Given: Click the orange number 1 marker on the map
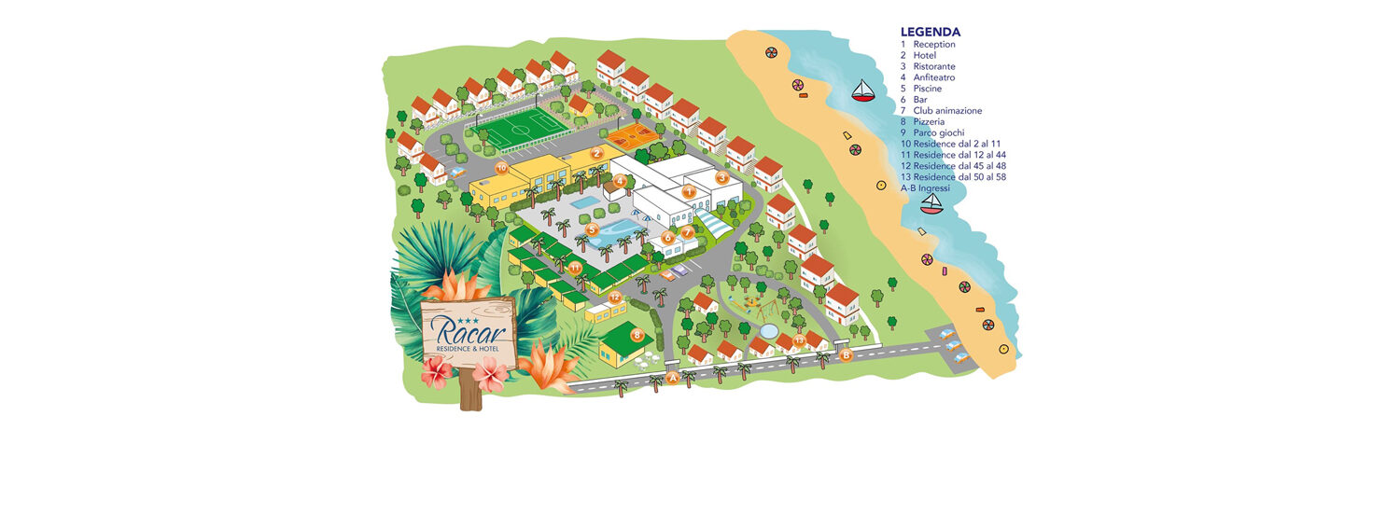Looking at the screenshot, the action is pos(688,192).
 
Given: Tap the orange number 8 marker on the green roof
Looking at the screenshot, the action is pos(637,335).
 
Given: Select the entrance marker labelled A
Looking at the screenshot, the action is pos(673,378).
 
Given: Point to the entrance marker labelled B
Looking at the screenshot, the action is pos(846,355).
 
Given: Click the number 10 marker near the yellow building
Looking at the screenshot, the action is pos(501,168).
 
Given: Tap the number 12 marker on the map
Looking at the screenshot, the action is pos(615,297).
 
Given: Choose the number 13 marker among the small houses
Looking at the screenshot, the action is pos(799,340).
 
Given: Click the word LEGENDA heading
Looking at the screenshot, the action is pos(931,32).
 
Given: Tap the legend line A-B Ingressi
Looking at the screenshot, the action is pos(925,188).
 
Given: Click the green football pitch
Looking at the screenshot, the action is pos(521,129).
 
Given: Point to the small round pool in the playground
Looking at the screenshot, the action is pos(768,330).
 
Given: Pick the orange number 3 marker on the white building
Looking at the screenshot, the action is pos(722,177).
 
